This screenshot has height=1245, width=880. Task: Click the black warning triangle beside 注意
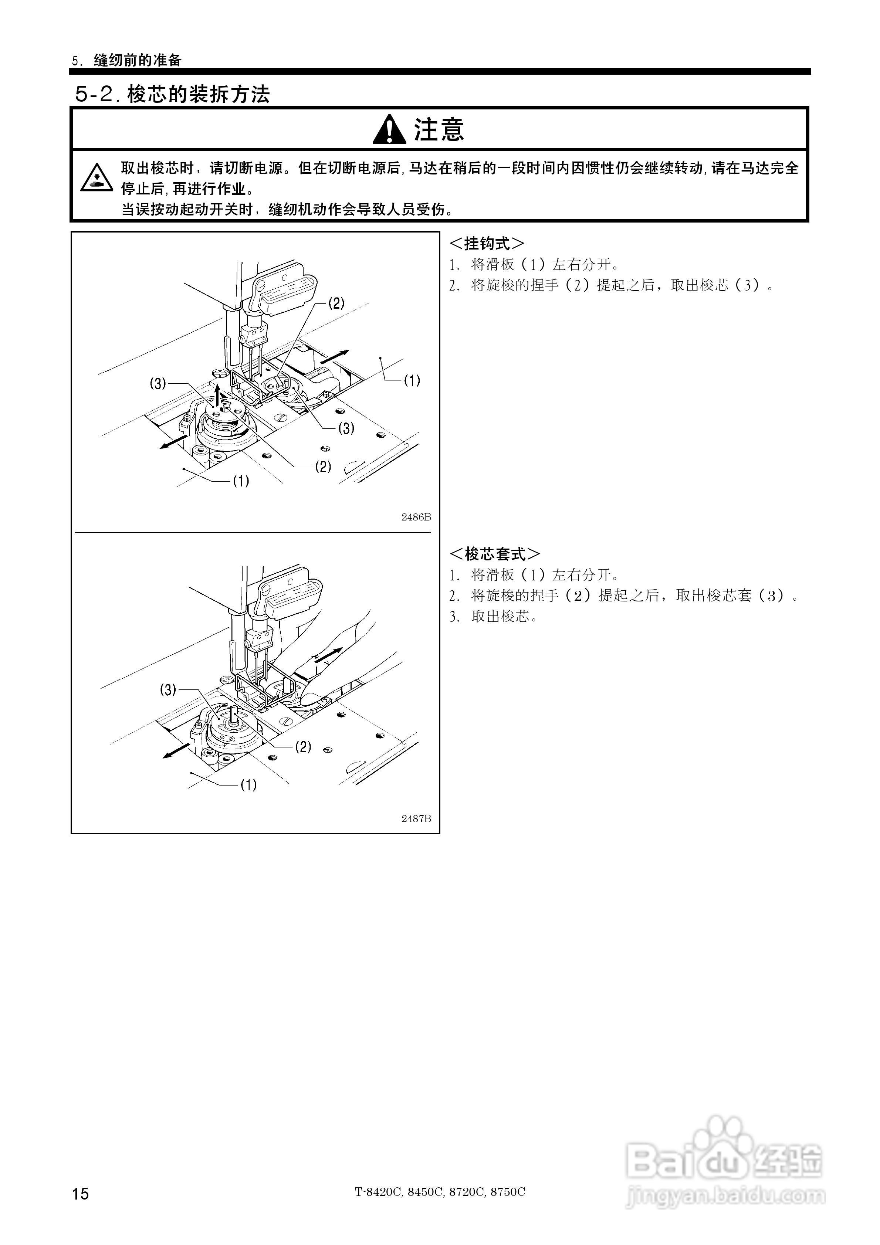tap(389, 130)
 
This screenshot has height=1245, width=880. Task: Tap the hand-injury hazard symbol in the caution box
tap(97, 178)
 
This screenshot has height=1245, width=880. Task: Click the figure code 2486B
tap(416, 517)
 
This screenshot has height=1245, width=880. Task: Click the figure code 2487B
tap(416, 819)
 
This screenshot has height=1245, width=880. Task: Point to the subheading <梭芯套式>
tap(494, 554)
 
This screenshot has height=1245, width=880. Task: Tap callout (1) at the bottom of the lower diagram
tap(248, 785)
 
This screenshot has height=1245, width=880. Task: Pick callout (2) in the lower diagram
tap(303, 747)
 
